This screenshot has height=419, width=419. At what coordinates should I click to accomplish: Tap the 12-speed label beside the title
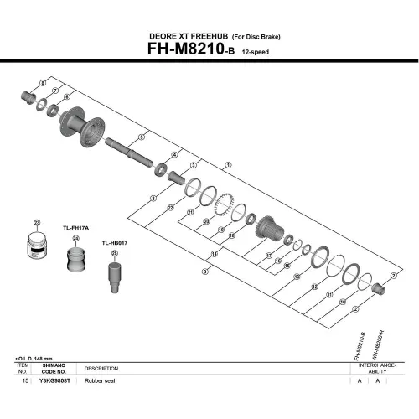256,53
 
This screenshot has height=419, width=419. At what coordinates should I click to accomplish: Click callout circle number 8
41,82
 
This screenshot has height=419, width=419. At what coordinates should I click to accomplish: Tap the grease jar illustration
37,249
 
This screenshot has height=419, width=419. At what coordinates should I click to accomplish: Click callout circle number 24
75,238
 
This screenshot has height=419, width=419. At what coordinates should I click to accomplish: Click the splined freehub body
272,228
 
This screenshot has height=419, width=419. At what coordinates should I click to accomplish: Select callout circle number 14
214,254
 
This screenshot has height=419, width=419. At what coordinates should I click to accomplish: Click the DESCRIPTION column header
101,368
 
